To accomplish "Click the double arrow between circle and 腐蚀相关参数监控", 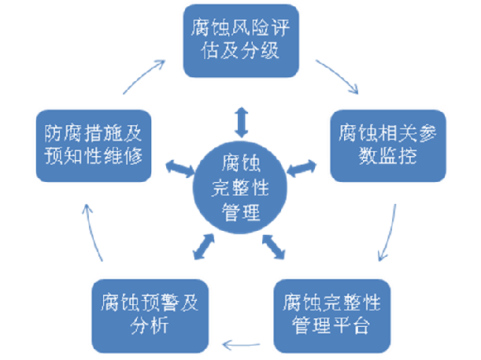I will (x=299, y=167).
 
